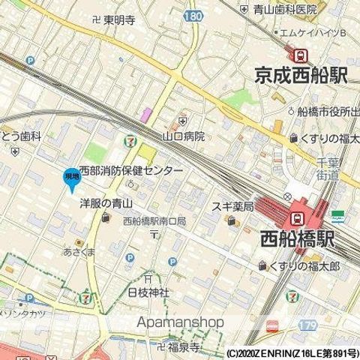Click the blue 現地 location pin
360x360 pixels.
click(71, 177)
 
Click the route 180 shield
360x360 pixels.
click(192, 15)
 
